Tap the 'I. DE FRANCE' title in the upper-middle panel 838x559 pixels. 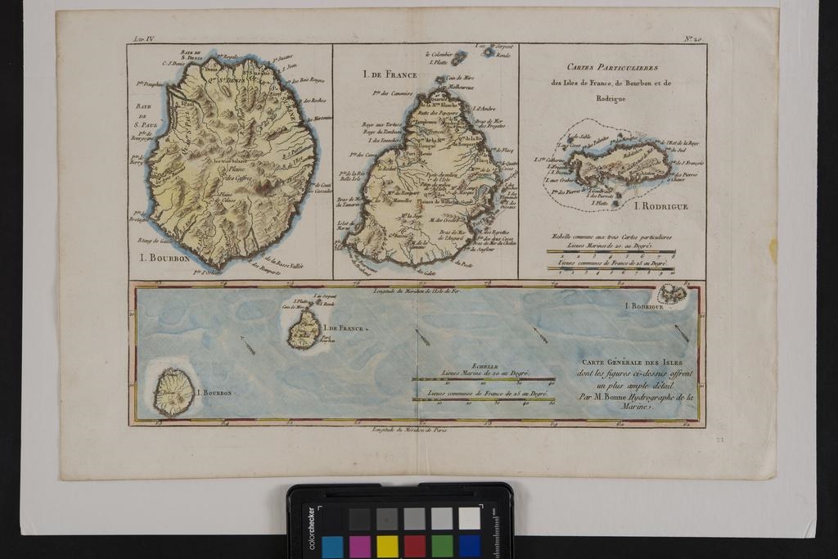point(390,74)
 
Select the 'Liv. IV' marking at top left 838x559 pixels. point(143,39)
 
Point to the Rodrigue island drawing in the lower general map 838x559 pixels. point(672,294)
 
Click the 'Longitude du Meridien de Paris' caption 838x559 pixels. point(409,429)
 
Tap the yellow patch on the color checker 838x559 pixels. point(387,546)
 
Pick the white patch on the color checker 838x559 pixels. point(469,518)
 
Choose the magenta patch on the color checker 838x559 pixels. point(360,546)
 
